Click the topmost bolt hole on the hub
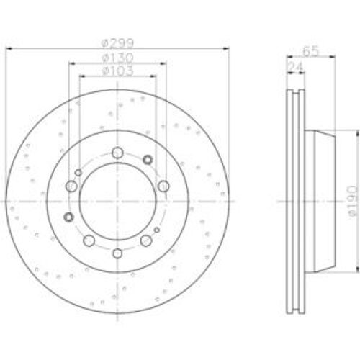(117, 152)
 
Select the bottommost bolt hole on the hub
(117, 251)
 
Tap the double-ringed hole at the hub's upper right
(148, 160)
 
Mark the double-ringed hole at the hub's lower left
(69, 217)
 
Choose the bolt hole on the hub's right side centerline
(164, 187)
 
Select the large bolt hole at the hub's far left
(71, 187)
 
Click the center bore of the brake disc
(117, 202)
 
